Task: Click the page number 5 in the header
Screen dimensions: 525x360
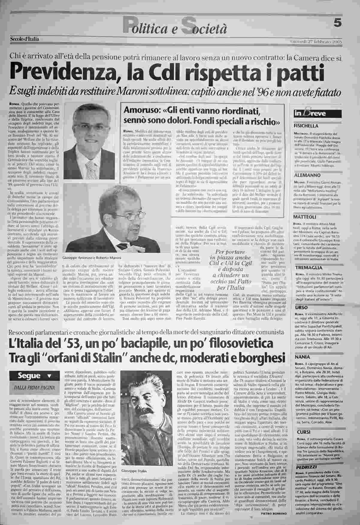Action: pos(338,24)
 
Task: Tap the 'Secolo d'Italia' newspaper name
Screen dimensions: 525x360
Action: pos(25,39)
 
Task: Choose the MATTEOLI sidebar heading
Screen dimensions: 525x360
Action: pos(305,217)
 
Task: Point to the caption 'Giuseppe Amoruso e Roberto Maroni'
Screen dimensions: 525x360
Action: pos(91,257)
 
